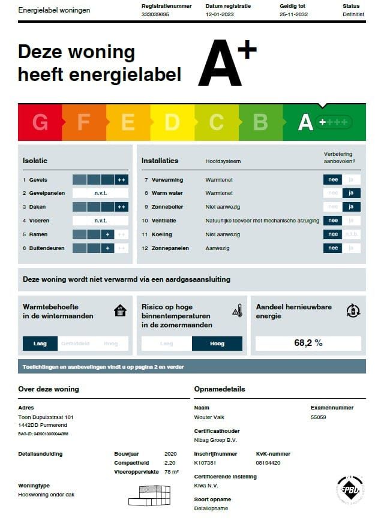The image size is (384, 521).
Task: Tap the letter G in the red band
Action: (40, 122)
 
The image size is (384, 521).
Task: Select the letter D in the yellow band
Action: (172, 122)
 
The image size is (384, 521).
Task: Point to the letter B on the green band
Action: (260, 122)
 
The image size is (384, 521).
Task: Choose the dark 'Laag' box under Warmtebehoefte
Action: (40, 344)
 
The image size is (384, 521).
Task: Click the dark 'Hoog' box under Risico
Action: (217, 344)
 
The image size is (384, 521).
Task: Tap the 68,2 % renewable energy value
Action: (308, 343)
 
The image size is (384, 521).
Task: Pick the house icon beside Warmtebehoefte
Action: (121, 311)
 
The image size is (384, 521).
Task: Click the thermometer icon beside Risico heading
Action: (238, 311)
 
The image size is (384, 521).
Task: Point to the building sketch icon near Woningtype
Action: (150, 495)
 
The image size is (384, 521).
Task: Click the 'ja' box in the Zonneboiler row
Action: (352, 207)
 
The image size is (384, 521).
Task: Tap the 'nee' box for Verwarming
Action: (332, 179)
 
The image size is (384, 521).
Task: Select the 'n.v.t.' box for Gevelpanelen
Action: (100, 193)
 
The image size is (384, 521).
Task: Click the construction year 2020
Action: (170, 454)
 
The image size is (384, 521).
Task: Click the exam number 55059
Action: (318, 417)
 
